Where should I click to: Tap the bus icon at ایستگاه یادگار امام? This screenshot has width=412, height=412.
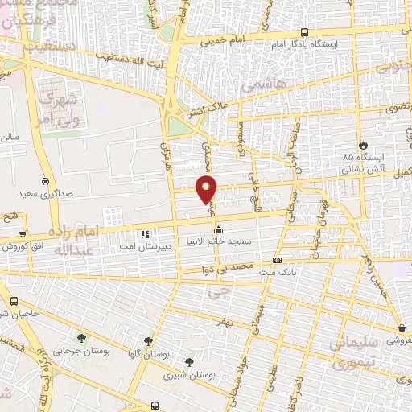pos(304,32)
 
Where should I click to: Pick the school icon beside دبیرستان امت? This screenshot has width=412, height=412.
pos(145,235)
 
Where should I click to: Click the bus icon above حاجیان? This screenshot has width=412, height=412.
pos(12,302)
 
